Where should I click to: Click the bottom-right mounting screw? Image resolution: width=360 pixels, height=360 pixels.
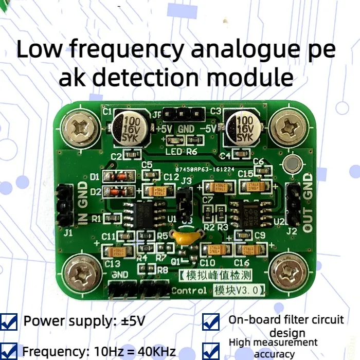(286, 269)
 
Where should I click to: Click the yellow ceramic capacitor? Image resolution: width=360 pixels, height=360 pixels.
(185, 238)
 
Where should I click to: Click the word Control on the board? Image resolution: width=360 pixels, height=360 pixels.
(189, 291)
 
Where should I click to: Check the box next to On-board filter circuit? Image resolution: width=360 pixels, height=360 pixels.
(211, 322)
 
